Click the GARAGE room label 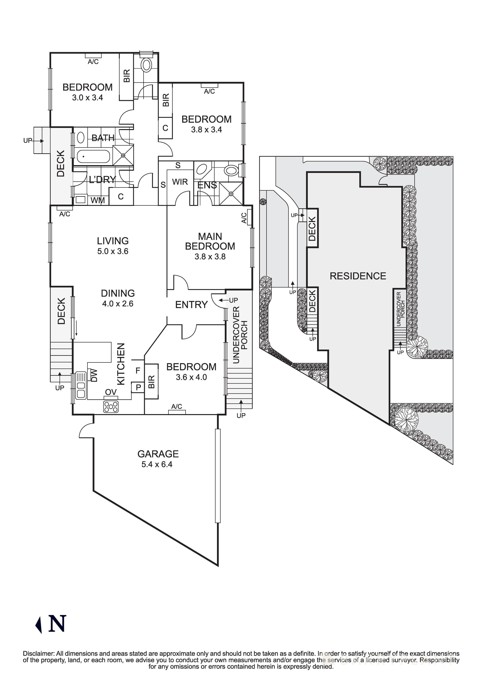coord(158,454)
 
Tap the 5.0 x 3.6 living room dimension coord(113,251)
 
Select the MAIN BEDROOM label coord(210,241)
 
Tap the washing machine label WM coord(98,200)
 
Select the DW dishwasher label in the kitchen coord(94,375)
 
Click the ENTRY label coord(191,305)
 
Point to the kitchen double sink coord(80,386)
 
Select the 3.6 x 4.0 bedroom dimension coord(191,377)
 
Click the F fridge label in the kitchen coord(138,370)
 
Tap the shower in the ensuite coord(231,194)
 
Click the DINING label coord(118,294)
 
